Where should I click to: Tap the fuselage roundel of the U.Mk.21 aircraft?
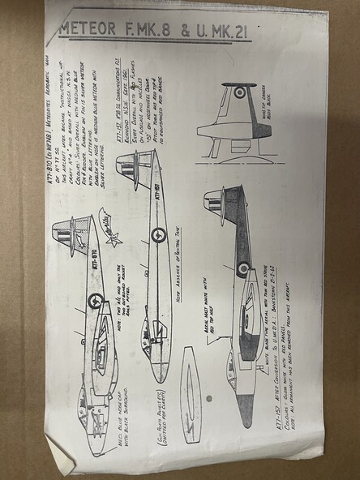(242, 268)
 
